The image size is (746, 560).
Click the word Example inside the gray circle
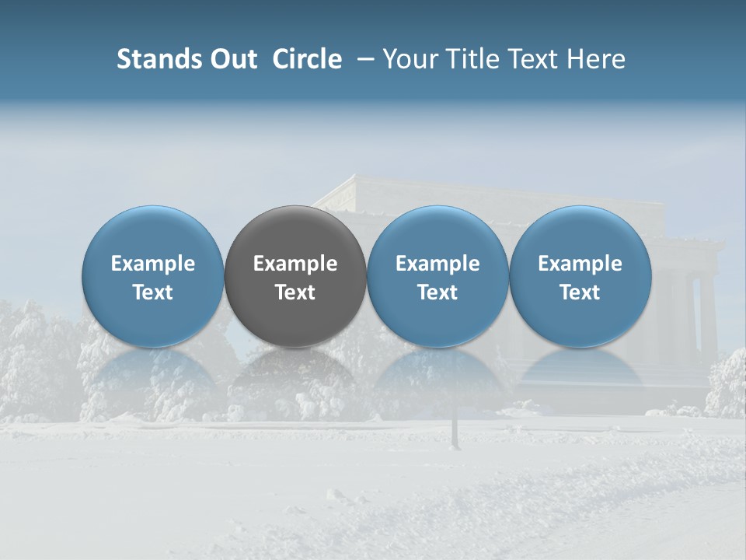[x=295, y=264]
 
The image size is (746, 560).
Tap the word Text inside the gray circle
[x=295, y=292]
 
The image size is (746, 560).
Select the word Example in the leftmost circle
[x=153, y=264]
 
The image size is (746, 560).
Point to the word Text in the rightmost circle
[x=580, y=292]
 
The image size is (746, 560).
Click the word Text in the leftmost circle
[x=153, y=292]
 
